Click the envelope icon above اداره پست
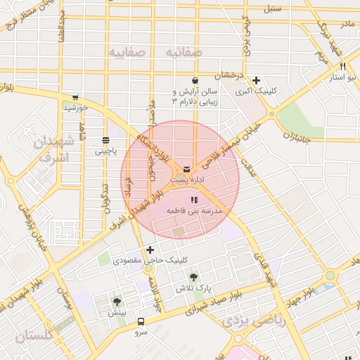(186, 169)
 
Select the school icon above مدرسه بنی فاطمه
(194, 200)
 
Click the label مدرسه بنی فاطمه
(194, 211)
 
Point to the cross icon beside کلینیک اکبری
(257, 81)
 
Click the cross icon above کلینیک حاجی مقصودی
(150, 250)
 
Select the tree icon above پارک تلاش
(193, 277)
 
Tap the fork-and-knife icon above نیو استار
(342, 66)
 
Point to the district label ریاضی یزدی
(250, 321)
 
